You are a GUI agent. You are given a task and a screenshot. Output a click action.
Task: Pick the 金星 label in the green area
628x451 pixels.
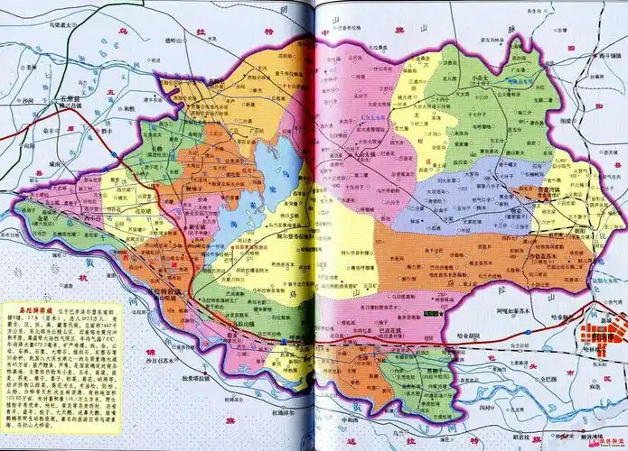[42, 219]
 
